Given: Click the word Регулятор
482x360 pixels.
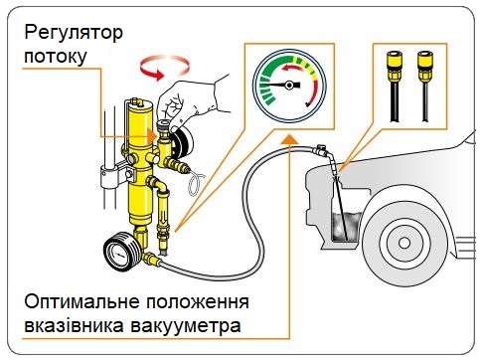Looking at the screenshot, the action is click(x=74, y=34).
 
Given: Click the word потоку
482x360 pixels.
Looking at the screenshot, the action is click(x=56, y=56).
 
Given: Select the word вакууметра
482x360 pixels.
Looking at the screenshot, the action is click(x=186, y=325).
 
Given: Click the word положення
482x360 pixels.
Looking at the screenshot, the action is click(x=198, y=302).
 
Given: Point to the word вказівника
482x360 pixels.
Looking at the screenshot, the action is click(x=75, y=325).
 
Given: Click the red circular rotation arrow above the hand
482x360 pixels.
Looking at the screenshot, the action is click(x=164, y=68).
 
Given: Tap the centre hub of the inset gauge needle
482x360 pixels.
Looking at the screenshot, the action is click(x=289, y=86).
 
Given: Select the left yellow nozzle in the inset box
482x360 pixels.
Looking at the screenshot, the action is click(x=395, y=67).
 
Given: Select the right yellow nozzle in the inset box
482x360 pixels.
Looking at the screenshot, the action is click(x=425, y=67).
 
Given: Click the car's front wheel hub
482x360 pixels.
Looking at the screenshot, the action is click(x=404, y=243).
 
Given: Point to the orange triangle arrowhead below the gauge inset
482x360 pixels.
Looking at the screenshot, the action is click(x=289, y=139).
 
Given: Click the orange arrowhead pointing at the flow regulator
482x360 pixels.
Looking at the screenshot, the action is click(x=151, y=136).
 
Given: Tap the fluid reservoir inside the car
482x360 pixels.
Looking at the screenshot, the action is click(x=345, y=227).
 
